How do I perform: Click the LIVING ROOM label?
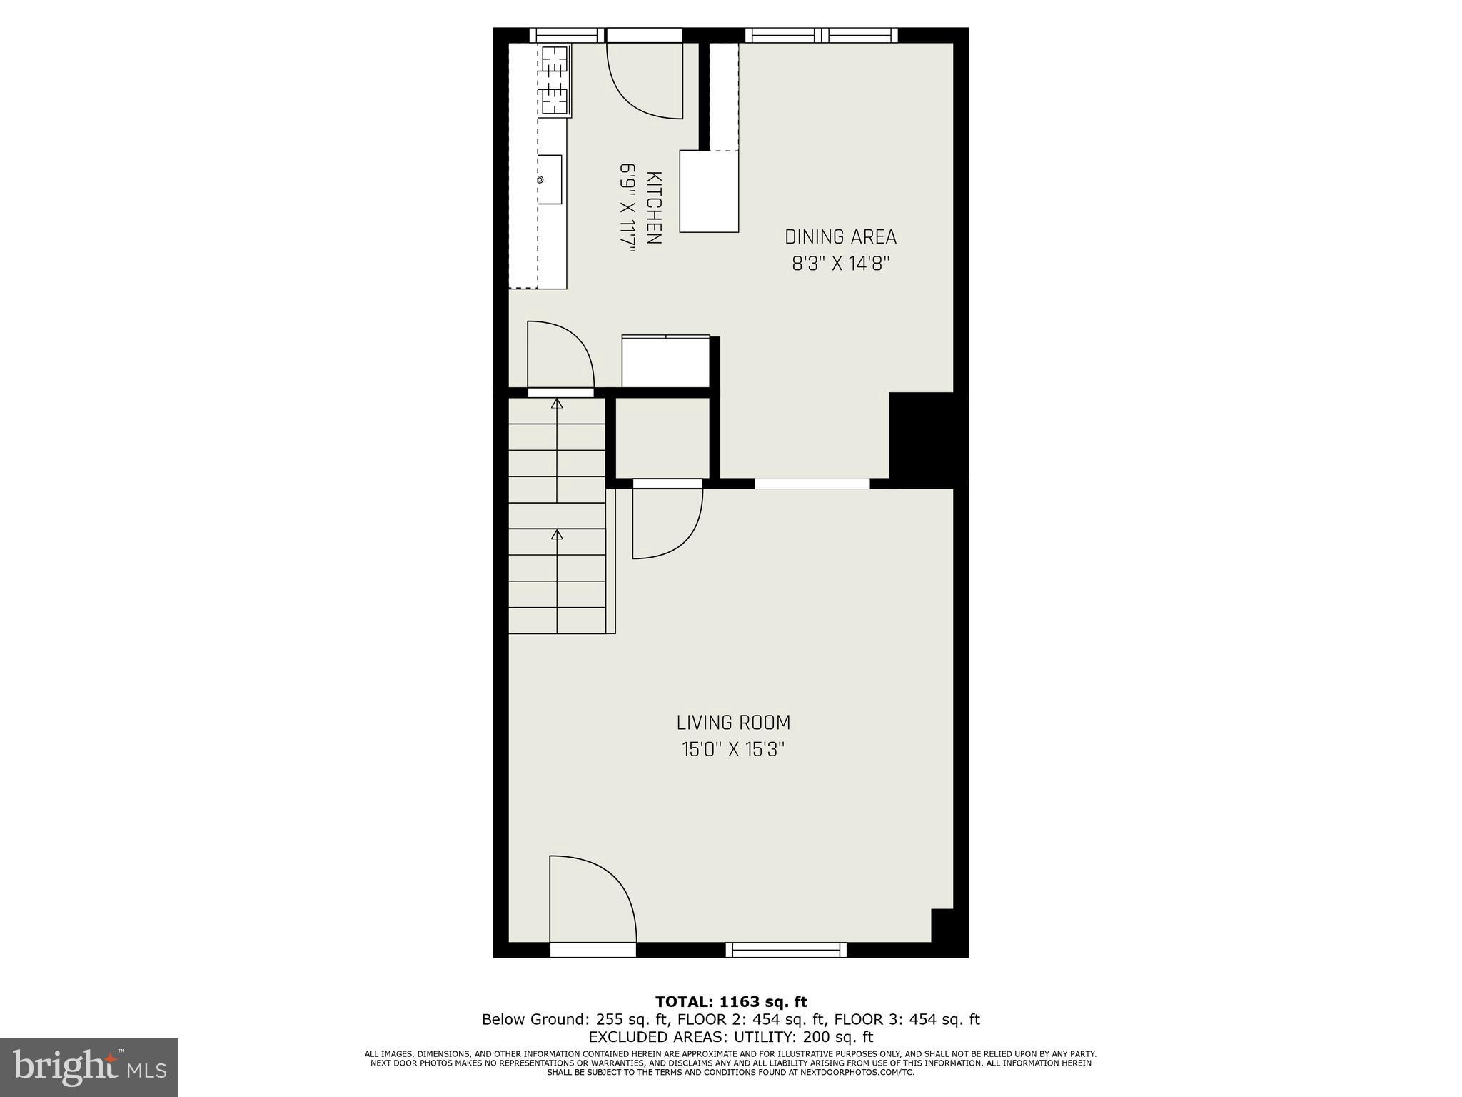733,723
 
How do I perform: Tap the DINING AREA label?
840,237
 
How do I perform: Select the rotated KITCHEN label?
653,208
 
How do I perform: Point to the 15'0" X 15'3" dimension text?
733,750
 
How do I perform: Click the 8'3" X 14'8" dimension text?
840,264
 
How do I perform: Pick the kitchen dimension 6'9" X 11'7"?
627,208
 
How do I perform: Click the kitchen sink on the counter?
550,179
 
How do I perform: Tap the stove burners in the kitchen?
555,80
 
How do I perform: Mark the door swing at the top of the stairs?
560,355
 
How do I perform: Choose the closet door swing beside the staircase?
667,521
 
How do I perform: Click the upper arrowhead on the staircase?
557,404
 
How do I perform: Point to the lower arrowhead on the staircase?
557,534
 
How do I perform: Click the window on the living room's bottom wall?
786,949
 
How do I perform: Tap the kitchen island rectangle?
709,191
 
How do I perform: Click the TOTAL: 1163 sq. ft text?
731,1002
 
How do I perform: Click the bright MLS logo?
89,1066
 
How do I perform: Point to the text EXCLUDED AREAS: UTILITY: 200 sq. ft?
731,1036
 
